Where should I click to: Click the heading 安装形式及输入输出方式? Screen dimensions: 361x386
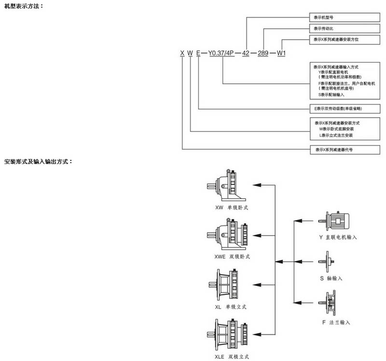pyautogui.click(x=38, y=161)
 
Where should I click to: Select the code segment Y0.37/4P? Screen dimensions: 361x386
pyautogui.click(x=221, y=53)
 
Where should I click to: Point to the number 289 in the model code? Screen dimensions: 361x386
pyautogui.click(x=263, y=53)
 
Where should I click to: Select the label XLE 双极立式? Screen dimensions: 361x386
pyautogui.click(x=232, y=357)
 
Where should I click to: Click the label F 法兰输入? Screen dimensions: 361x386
pyautogui.click(x=336, y=322)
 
